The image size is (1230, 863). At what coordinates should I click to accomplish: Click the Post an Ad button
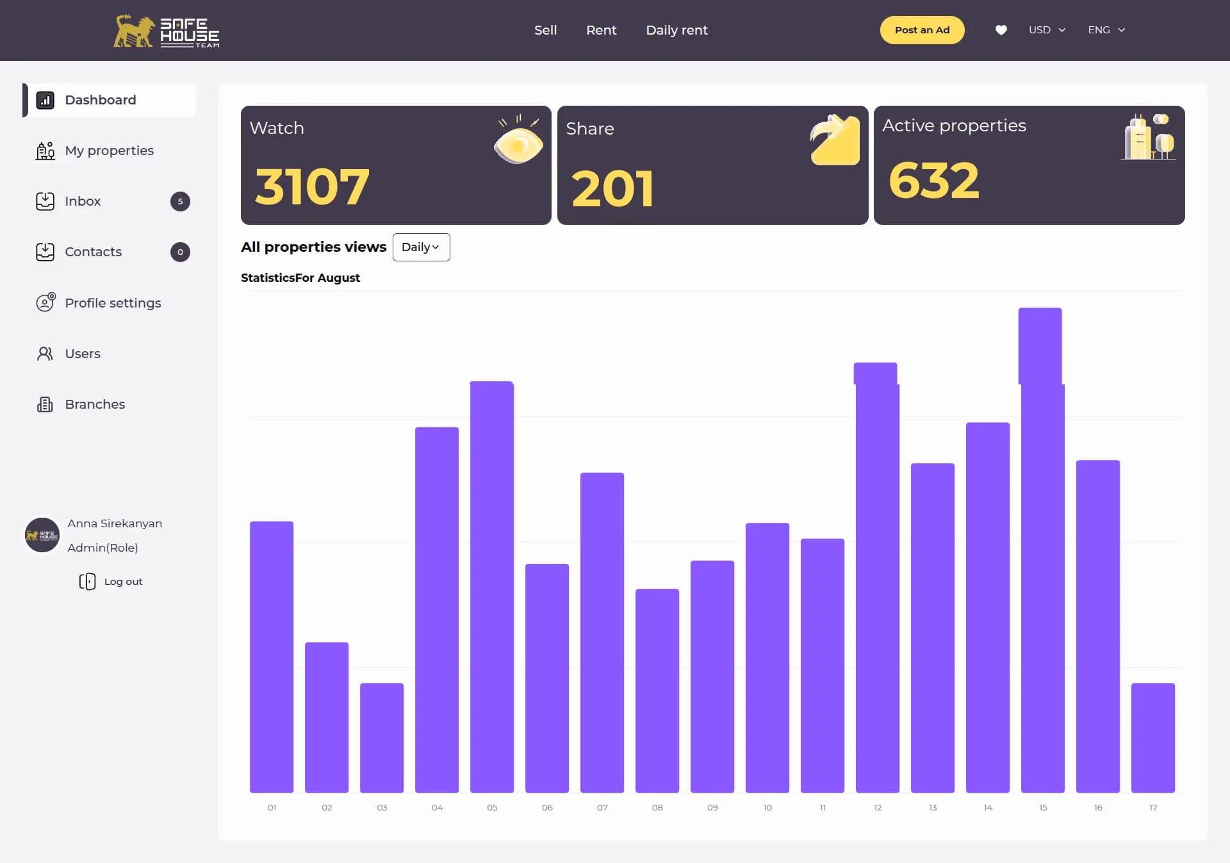click(922, 30)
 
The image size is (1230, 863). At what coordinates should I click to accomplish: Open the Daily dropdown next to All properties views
click(421, 247)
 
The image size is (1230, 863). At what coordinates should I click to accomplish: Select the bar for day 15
click(1042, 551)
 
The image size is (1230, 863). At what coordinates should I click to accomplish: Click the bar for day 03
click(382, 737)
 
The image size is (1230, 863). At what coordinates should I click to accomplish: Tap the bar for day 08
click(657, 690)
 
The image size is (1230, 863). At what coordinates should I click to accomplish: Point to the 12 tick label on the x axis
click(878, 807)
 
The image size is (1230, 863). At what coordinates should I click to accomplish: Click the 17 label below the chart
click(1153, 807)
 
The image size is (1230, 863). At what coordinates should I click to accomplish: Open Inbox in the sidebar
click(83, 201)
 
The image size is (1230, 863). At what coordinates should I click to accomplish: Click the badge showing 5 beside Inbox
click(180, 201)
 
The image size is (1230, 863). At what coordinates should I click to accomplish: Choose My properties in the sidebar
click(109, 151)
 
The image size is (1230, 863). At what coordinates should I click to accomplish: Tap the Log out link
click(122, 582)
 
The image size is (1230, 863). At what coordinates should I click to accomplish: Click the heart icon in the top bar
click(1001, 30)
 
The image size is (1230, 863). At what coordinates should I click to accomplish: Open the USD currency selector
click(1047, 30)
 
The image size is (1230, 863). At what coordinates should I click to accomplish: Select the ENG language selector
click(1106, 30)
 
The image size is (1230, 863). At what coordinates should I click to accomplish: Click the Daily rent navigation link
click(676, 30)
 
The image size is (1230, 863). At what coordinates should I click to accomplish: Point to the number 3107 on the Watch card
click(312, 187)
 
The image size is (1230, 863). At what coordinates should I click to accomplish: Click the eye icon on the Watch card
click(518, 142)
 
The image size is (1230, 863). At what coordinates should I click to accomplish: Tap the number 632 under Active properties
click(934, 181)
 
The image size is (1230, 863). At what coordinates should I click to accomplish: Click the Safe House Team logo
click(167, 31)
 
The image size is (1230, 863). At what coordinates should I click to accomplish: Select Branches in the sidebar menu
click(95, 404)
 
